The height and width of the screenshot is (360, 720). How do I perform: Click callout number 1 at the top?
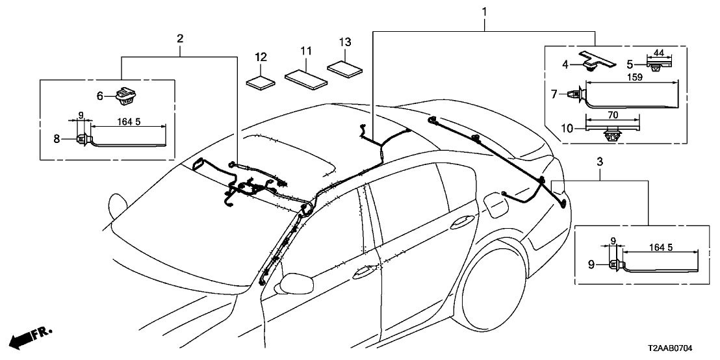point(485,12)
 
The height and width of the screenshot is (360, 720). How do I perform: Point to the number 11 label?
point(306,50)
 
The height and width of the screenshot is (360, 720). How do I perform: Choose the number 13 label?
point(345,42)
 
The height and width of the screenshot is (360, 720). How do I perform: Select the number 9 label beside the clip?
point(591,264)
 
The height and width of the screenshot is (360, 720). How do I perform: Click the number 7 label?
point(554,94)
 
